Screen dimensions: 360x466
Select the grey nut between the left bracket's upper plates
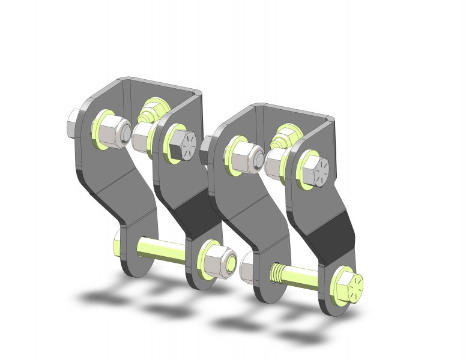(142, 137)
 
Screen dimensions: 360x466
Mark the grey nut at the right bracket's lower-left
(248, 271)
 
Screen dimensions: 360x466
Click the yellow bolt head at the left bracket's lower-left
(118, 243)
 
